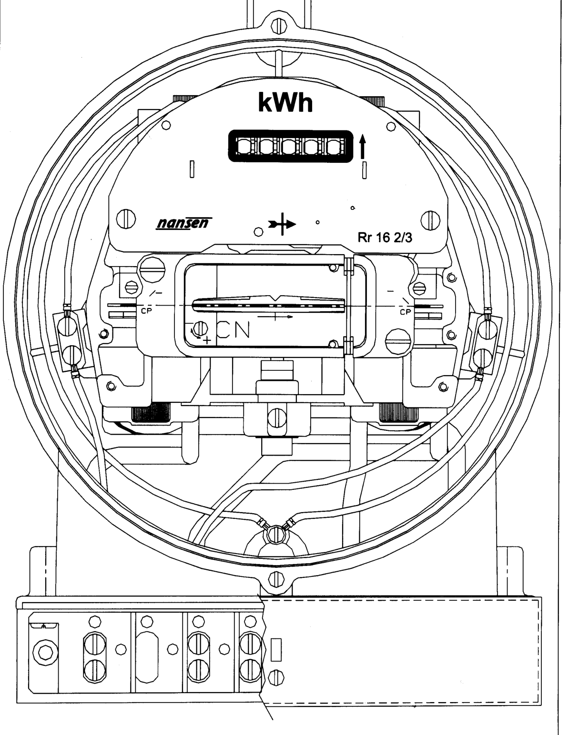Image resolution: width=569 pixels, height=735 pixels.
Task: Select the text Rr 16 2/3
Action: point(385,238)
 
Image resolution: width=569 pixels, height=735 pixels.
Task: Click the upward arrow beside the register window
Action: point(363,147)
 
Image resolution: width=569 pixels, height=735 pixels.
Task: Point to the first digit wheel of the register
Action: point(244,147)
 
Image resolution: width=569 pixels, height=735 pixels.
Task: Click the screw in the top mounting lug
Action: point(276,26)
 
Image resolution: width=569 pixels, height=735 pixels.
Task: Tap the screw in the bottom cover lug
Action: point(276,579)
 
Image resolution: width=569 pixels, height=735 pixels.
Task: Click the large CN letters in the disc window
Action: point(234,329)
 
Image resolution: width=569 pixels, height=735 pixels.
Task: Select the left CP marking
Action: point(147,311)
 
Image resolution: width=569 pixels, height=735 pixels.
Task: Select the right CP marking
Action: point(405,312)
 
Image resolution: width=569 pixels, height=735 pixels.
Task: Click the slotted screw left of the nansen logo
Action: point(126,219)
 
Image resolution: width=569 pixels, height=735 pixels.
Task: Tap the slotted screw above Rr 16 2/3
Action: point(430,220)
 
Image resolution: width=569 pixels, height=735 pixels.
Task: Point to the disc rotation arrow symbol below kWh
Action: point(282,224)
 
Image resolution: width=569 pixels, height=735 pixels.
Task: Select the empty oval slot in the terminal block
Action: point(147,657)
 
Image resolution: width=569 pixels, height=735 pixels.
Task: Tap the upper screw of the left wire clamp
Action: point(67,327)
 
